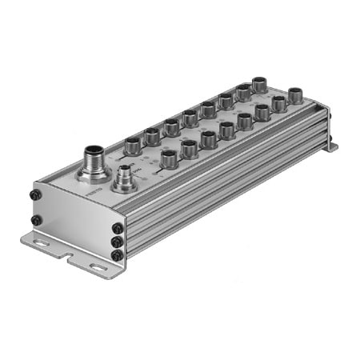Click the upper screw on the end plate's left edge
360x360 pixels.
click(35, 194)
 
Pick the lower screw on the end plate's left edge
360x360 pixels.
click(36, 220)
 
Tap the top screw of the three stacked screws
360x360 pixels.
click(118, 226)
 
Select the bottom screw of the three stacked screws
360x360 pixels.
click(118, 254)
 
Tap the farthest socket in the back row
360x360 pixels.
click(259, 84)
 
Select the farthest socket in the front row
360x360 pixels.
click(295, 95)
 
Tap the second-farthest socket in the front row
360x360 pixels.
click(278, 104)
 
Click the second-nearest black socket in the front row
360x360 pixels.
click(190, 147)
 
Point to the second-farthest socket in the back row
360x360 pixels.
click(242, 93)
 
